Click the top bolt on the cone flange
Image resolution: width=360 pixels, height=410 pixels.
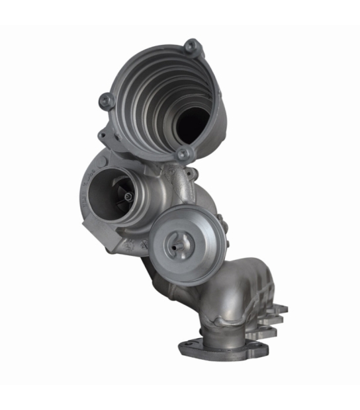(192, 46)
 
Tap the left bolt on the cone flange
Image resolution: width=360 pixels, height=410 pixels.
(107, 101)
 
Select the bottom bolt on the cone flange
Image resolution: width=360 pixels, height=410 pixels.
(183, 154)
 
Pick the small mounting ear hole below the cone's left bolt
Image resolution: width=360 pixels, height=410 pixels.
(103, 136)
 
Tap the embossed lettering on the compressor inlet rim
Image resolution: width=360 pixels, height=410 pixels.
(84, 198)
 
